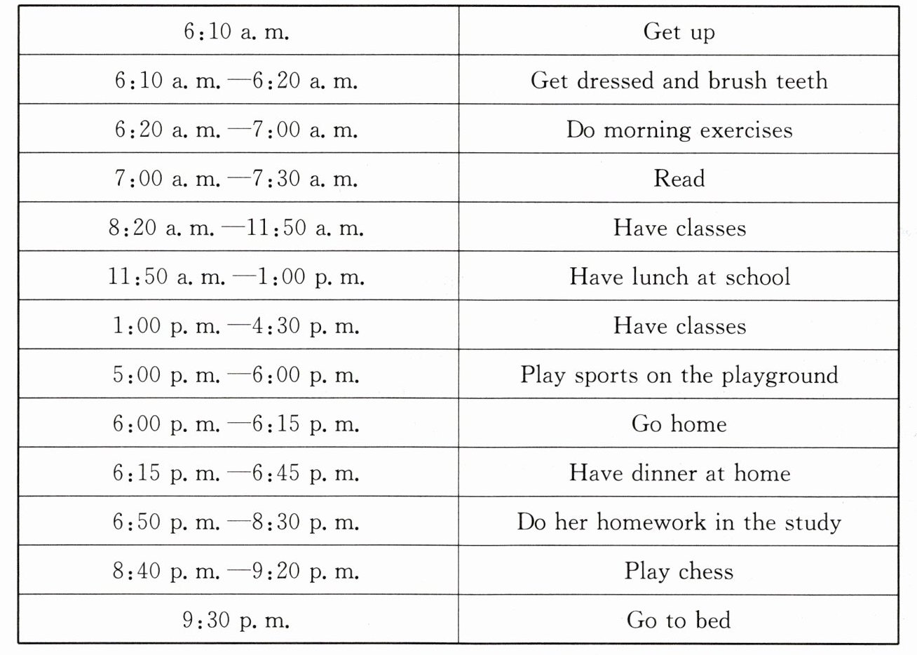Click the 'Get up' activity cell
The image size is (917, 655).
click(679, 32)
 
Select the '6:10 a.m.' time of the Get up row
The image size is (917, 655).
click(236, 32)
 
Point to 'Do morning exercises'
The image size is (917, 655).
click(679, 130)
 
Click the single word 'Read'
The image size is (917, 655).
click(679, 179)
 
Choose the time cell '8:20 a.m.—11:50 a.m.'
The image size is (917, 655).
click(236, 228)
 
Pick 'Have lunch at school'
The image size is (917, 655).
click(679, 277)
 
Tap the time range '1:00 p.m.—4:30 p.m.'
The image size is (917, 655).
click(236, 326)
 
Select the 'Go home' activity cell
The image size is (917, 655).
click(679, 424)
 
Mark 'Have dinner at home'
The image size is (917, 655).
click(679, 473)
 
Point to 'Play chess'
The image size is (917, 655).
click(679, 572)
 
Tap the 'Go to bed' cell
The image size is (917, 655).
click(679, 620)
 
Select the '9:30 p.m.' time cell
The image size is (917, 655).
click(236, 620)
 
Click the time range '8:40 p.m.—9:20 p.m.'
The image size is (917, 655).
click(236, 571)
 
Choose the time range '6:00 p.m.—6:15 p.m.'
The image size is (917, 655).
click(236, 424)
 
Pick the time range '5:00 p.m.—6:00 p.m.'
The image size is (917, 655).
click(236, 375)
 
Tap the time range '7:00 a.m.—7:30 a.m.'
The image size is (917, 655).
click(236, 179)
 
